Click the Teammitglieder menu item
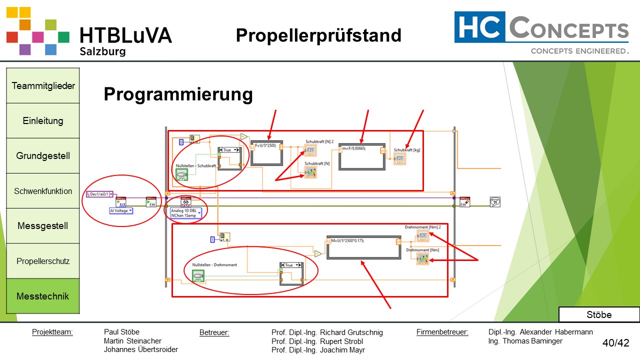pos(43,85)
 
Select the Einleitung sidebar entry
pos(43,120)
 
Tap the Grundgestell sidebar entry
pos(43,155)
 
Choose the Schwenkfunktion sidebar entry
pos(43,191)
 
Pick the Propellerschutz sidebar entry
pos(43,261)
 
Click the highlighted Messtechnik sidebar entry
pos(43,296)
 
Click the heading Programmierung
pos(178,94)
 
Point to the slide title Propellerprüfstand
pos(318,35)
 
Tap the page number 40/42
pos(615,343)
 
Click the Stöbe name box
pos(598,314)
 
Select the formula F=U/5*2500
pos(265,145)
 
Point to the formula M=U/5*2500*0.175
pos(347,240)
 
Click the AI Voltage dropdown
pos(121,211)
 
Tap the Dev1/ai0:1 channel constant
pos(100,193)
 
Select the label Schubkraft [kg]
pos(405,150)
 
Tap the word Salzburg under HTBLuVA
pos(102,51)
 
